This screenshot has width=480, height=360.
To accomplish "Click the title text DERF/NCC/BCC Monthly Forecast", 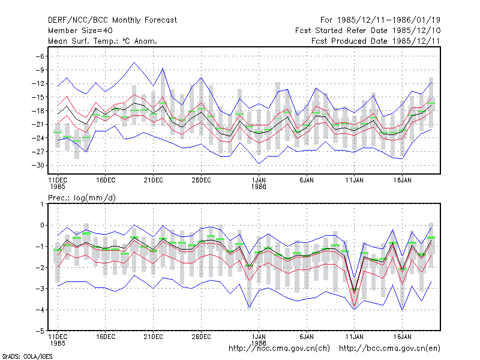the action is pyautogui.click(x=112, y=20).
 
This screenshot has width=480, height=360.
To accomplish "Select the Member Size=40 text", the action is pyautogui.click(x=80, y=31).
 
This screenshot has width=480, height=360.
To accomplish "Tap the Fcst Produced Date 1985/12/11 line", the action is pyautogui.click(x=376, y=41).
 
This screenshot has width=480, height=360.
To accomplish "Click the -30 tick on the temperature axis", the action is pyautogui.click(x=38, y=166).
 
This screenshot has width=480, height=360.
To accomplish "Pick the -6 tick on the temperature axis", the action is pyautogui.click(x=40, y=56).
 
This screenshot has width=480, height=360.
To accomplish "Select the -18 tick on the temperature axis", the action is pyautogui.click(x=38, y=111).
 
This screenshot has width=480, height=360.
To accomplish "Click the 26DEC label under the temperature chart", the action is pyautogui.click(x=201, y=181).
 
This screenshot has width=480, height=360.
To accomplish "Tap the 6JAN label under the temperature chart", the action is pyautogui.click(x=307, y=181).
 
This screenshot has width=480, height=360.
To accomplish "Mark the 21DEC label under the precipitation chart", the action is pyautogui.click(x=154, y=337).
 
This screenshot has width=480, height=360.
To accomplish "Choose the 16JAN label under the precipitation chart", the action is pyautogui.click(x=402, y=337).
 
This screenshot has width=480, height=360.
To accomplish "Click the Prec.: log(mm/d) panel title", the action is pyautogui.click(x=82, y=198).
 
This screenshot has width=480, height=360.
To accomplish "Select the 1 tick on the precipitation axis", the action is pyautogui.click(x=42, y=204).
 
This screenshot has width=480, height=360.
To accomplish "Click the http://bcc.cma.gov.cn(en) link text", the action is pyautogui.click(x=389, y=349).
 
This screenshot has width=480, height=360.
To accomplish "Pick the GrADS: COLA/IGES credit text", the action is pyautogui.click(x=27, y=356).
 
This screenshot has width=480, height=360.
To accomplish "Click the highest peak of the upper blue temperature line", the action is pyautogui.click(x=134, y=62).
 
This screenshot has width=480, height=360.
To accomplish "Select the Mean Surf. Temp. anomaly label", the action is pyautogui.click(x=103, y=41).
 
